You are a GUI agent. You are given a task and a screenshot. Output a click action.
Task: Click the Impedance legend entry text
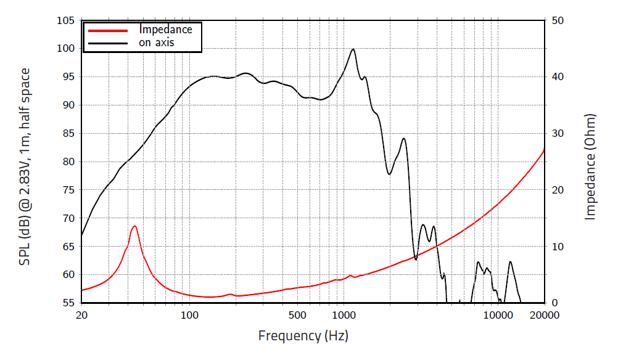click(166, 29)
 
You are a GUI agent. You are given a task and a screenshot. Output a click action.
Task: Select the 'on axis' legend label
click(156, 43)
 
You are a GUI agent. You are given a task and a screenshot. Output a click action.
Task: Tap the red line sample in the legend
click(108, 30)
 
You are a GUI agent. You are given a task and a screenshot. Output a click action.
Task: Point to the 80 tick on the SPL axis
click(68, 162)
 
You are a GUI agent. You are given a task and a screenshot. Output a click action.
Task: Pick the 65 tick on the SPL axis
click(68, 247)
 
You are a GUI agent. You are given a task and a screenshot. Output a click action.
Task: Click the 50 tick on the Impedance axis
click(557, 20)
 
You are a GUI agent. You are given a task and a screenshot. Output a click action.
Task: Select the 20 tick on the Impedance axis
click(557, 190)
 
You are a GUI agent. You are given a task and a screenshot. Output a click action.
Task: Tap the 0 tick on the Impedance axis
click(554, 303)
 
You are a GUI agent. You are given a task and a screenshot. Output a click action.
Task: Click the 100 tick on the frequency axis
click(189, 315)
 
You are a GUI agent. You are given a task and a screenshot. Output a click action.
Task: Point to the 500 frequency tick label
click(297, 315)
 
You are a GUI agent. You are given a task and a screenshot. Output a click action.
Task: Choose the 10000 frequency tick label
click(498, 315)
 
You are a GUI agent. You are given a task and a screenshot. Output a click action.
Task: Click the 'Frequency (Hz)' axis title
click(303, 336)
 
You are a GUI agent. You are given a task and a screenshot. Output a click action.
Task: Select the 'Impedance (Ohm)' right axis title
click(590, 166)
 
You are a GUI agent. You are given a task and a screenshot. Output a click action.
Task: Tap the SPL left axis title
click(25, 166)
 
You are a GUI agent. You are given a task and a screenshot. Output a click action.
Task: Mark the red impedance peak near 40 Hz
click(134, 226)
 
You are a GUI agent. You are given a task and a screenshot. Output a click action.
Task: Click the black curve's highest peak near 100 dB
click(353, 49)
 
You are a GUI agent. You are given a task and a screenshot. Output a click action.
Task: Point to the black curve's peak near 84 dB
click(403, 139)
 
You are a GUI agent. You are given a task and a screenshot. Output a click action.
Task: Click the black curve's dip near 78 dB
click(389, 174)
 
